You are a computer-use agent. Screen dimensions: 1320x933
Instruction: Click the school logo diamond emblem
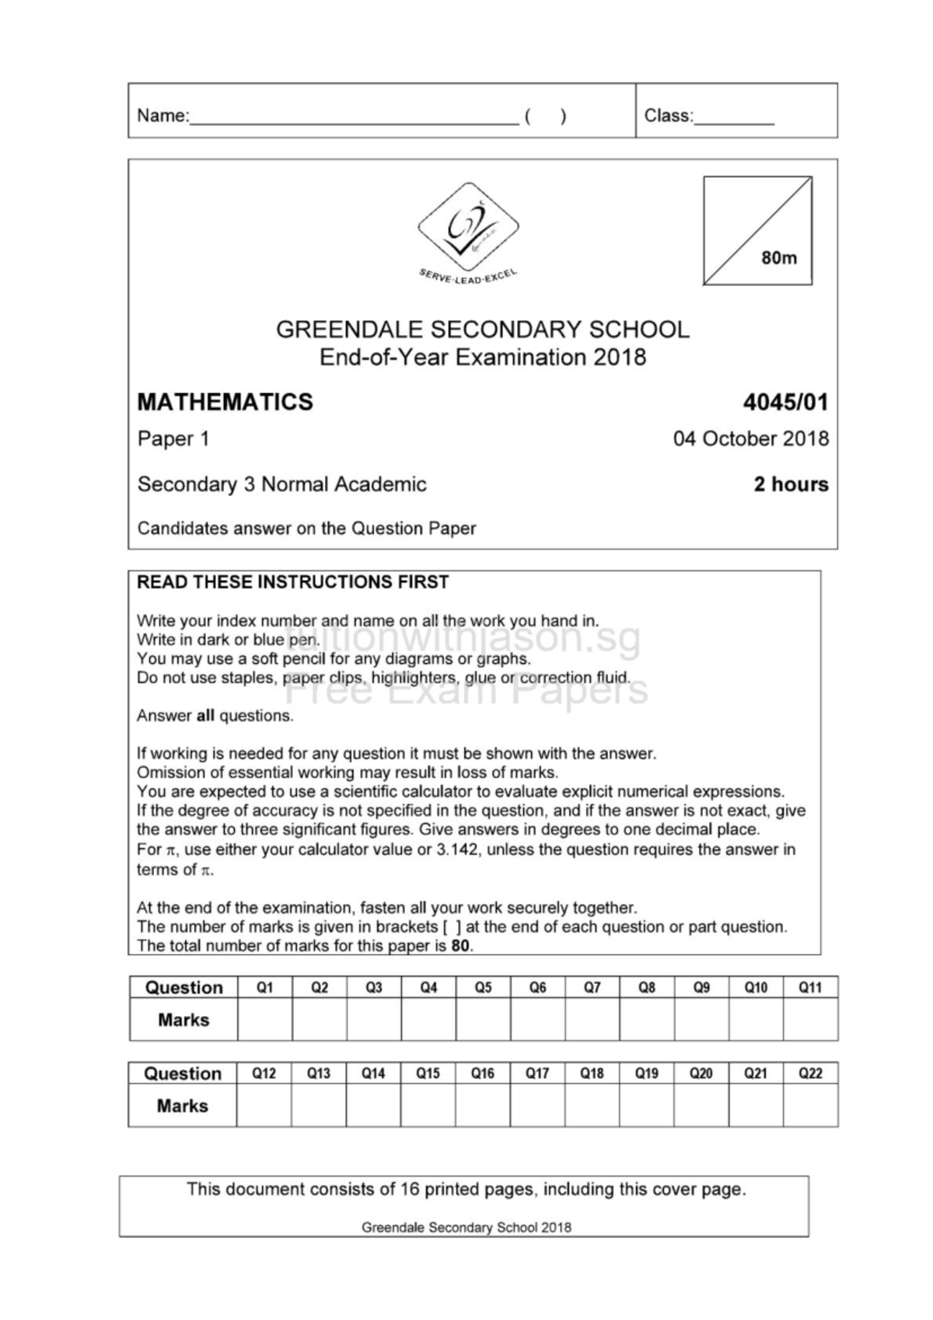(468, 227)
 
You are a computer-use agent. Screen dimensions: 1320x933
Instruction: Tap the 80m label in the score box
(779, 258)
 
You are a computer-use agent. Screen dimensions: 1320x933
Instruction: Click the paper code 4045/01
(785, 402)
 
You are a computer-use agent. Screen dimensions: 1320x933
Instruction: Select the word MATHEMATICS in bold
(225, 402)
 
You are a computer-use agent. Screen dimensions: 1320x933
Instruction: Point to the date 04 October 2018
(750, 438)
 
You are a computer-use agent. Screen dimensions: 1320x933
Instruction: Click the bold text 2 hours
(791, 484)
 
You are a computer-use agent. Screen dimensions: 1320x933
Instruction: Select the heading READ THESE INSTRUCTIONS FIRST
(292, 582)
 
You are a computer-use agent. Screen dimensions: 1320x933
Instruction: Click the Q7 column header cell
(592, 987)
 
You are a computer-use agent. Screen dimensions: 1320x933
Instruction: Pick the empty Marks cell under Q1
(265, 1019)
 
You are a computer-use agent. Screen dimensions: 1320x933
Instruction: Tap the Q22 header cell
(810, 1073)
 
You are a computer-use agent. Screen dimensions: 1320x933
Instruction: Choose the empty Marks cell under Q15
(428, 1105)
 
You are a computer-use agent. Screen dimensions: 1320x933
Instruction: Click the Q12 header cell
(264, 1073)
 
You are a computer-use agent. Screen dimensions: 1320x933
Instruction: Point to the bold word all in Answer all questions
(205, 716)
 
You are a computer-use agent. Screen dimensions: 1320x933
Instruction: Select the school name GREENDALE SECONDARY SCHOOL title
(482, 330)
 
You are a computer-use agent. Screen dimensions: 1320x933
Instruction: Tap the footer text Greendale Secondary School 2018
(466, 1227)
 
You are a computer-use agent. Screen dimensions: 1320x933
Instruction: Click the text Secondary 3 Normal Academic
(281, 484)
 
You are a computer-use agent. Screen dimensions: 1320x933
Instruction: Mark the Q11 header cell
(810, 987)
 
